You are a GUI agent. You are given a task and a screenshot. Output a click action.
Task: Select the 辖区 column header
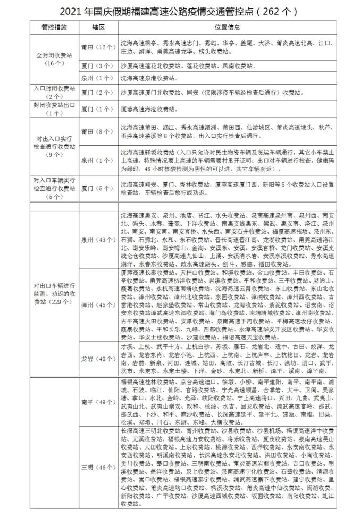click(x=97, y=26)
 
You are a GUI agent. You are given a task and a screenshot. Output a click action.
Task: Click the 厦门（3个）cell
click(x=97, y=67)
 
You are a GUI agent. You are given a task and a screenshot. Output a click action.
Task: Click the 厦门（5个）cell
click(x=97, y=188)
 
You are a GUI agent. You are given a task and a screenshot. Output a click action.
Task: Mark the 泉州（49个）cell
click(x=97, y=240)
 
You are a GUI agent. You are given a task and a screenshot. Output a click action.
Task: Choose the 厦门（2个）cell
click(x=97, y=93)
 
